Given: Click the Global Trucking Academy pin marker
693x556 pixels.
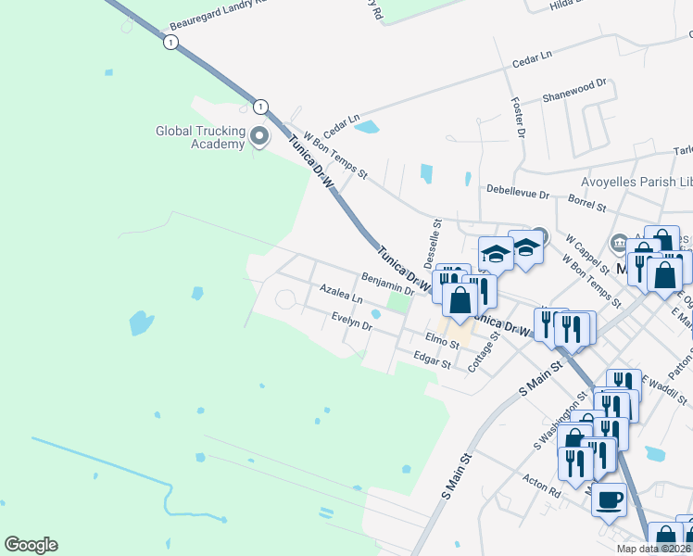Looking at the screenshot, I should (259, 137).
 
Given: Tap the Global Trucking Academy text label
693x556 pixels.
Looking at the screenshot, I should (199, 137).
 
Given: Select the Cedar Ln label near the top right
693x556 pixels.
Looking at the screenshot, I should (532, 58).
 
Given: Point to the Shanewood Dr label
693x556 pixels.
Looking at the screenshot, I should (573, 89).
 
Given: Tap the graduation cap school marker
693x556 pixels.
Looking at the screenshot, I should (496, 253).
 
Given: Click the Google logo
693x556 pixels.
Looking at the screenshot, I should (31, 545).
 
